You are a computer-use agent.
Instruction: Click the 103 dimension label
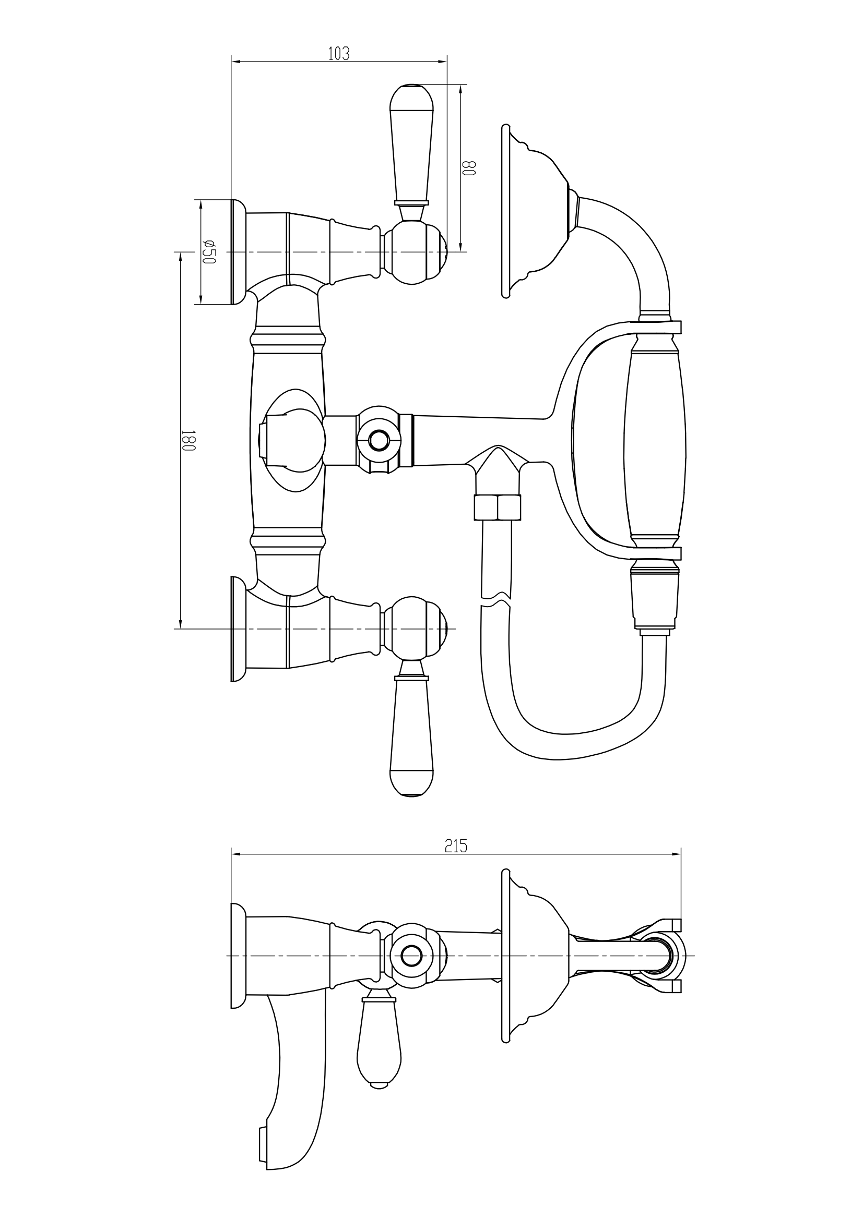coord(339,54)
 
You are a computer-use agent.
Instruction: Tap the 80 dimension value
coord(468,168)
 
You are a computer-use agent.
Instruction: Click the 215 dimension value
coord(456,846)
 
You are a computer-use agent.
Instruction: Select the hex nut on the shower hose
coord(497,507)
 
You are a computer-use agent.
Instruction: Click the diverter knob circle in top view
coord(379,441)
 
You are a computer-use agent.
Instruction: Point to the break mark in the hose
coord(495,600)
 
